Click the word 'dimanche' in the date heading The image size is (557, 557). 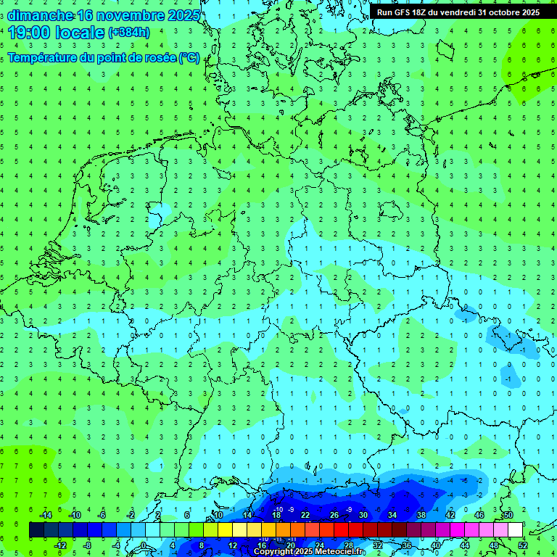click(41, 15)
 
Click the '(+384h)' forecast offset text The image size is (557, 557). click(128, 32)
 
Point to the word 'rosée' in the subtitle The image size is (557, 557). click(149, 57)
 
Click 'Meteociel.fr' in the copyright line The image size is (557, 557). click(340, 552)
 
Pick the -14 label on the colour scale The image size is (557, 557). click(45, 515)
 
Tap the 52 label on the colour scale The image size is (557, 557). click(523, 545)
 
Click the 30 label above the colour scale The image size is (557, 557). click(363, 515)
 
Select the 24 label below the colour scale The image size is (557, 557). click(320, 545)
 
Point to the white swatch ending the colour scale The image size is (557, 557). click(516, 530)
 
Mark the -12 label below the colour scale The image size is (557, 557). click(59, 545)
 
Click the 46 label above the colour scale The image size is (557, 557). click(479, 515)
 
